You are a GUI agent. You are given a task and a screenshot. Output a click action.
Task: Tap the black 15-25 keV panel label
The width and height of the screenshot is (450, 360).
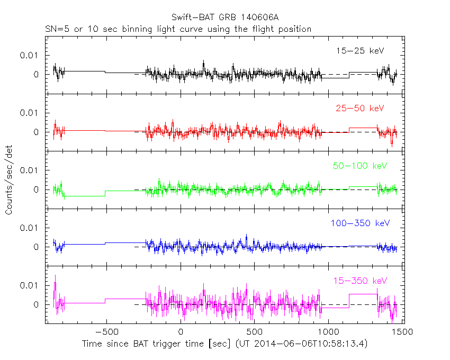click(x=359, y=51)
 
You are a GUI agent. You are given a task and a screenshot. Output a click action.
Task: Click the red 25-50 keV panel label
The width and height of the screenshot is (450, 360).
click(x=359, y=109)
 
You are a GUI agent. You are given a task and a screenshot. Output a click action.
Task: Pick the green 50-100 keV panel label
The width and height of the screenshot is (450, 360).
click(x=360, y=166)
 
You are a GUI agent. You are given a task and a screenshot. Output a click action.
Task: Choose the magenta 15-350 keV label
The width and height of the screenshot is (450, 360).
click(x=360, y=281)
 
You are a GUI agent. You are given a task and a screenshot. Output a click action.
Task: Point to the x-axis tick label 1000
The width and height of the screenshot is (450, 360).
click(x=328, y=332)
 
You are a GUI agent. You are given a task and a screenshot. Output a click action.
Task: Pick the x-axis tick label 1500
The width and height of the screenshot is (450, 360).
click(x=401, y=332)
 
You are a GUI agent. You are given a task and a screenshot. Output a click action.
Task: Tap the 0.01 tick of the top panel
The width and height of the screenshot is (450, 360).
click(x=30, y=56)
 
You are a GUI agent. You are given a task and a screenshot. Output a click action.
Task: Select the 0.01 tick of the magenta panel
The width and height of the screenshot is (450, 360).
click(x=30, y=285)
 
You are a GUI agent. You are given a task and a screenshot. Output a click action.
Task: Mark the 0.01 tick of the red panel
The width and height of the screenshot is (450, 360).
click(x=30, y=113)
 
